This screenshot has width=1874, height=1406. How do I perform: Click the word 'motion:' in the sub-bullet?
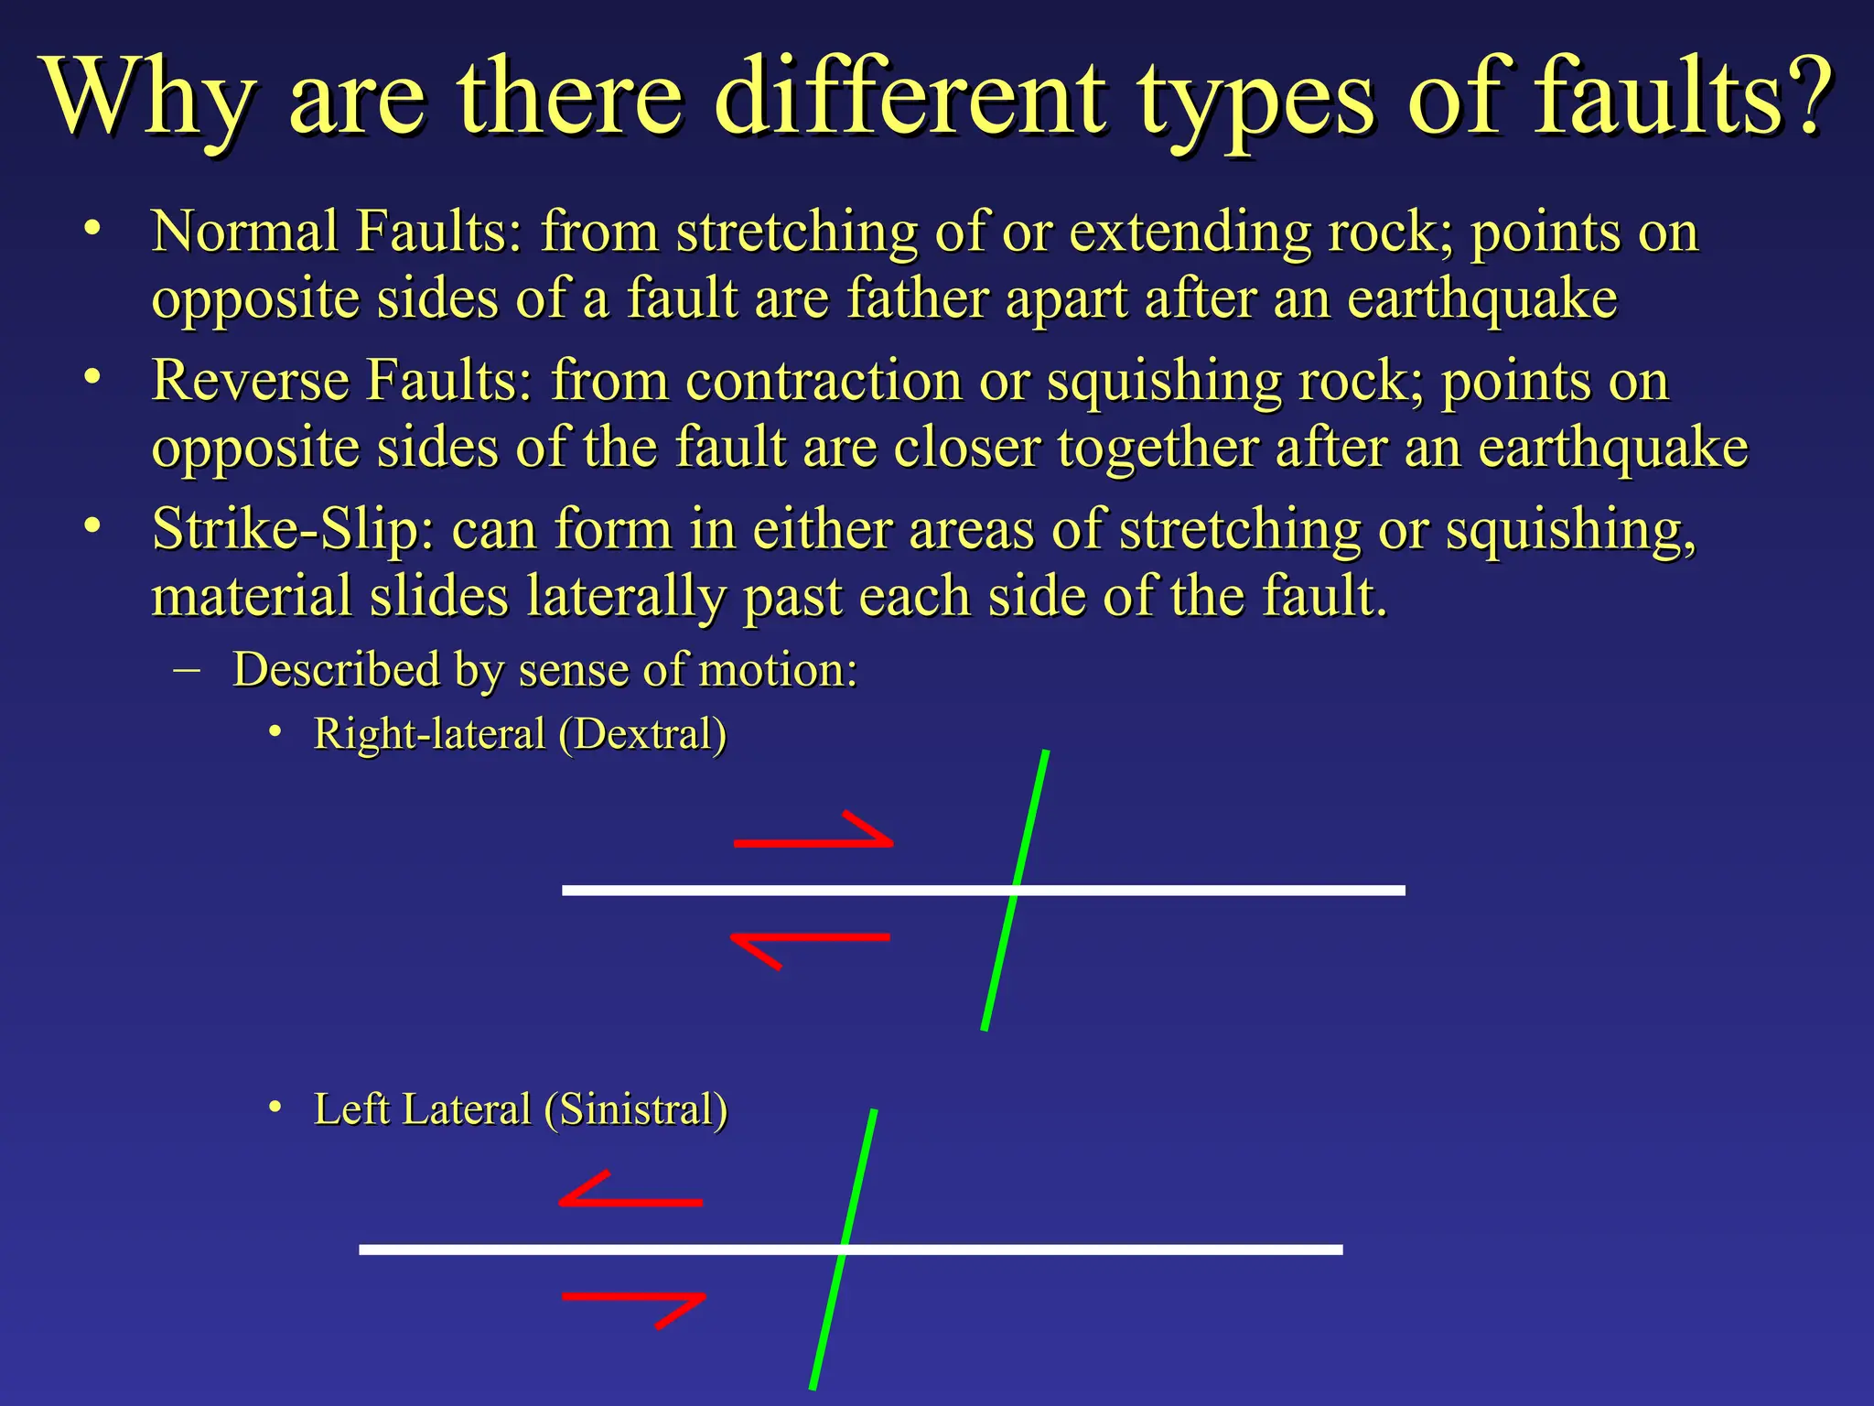(x=778, y=669)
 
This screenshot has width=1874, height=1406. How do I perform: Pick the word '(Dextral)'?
(x=642, y=734)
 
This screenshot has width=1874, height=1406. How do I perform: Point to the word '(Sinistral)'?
(x=636, y=1109)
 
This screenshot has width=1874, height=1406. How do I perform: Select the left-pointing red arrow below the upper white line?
(x=810, y=943)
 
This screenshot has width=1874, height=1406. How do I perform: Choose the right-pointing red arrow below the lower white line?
(x=635, y=1302)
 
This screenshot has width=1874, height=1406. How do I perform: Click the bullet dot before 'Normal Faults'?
(x=91, y=228)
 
